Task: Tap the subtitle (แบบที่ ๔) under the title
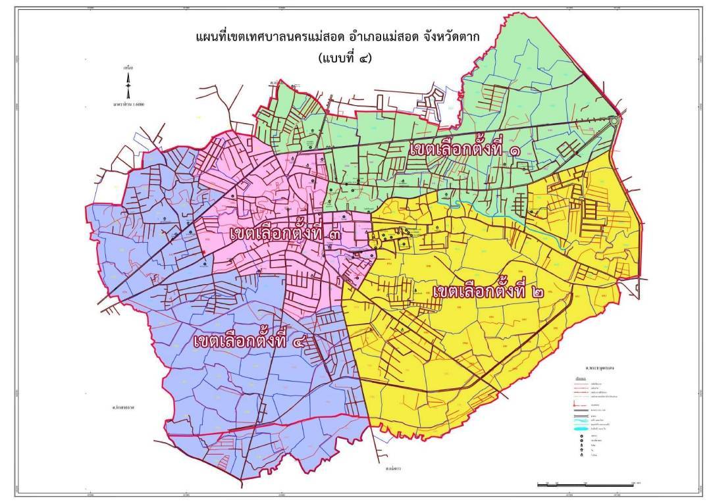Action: coord(344,58)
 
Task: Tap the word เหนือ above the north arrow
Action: coord(128,67)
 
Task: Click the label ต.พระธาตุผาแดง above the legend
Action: coord(595,370)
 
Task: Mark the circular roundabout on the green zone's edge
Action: coord(614,121)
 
